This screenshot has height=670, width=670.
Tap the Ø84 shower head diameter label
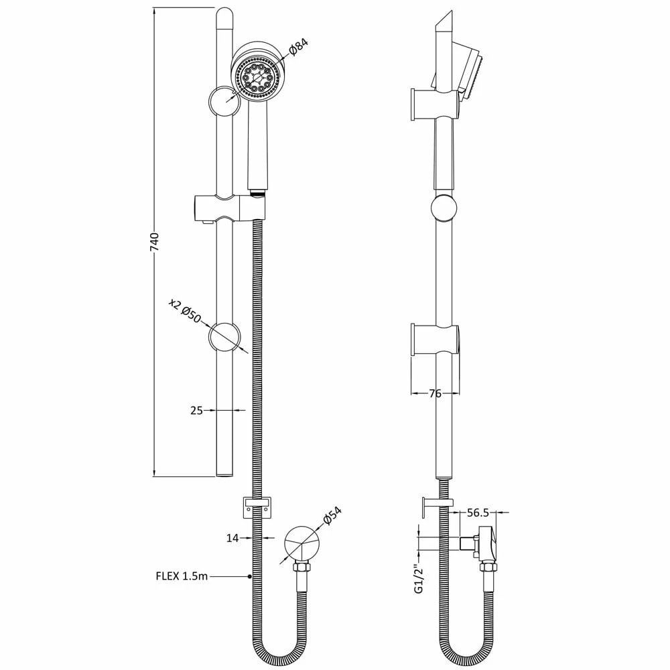298,47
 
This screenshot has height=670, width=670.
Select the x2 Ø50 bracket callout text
185,311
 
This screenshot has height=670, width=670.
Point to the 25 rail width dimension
196,411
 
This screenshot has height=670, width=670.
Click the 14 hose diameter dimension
232,538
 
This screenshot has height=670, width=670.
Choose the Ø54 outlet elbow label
332,515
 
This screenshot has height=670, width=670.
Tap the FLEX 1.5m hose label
182,576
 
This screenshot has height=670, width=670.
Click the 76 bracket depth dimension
435,393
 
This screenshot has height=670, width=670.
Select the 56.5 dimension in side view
478,513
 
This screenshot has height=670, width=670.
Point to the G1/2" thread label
419,579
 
